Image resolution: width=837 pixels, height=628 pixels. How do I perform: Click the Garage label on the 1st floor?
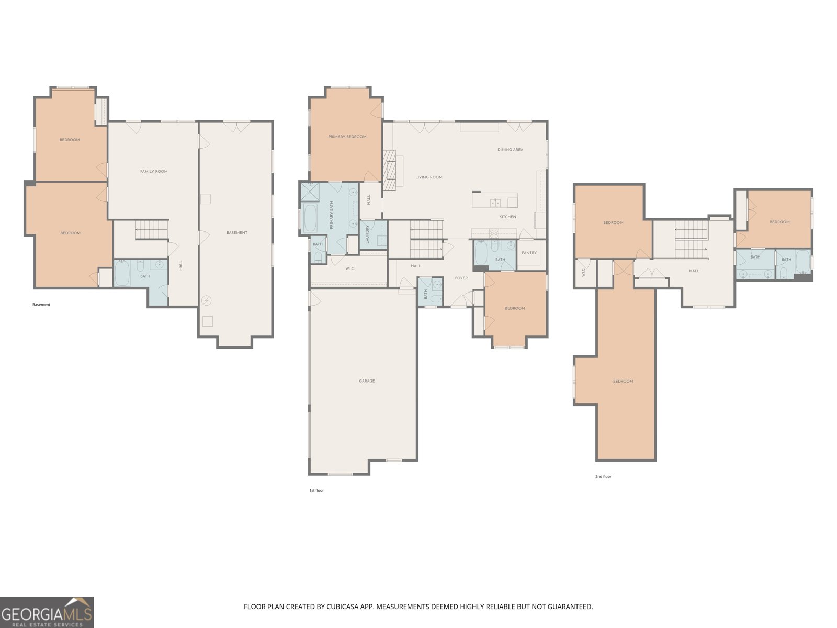367,381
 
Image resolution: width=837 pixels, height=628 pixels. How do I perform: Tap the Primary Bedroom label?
347,137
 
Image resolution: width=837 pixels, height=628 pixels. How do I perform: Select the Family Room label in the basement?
154,172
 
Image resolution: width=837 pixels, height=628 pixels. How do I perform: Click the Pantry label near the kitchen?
529,253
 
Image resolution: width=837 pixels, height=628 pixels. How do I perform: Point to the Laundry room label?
368,233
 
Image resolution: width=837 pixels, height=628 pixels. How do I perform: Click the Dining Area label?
510,150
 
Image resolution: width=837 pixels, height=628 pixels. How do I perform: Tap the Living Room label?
429,177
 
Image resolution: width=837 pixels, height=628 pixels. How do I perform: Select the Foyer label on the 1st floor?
461,278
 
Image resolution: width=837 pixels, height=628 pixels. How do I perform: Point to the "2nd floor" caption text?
603,477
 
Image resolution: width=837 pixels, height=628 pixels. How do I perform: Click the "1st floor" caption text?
316,491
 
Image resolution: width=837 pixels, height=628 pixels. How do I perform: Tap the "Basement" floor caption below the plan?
41,305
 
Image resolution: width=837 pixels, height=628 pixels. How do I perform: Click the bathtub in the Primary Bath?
310,218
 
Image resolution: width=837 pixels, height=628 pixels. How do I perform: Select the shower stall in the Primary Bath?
310,192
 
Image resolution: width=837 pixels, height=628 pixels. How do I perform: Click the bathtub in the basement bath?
122,273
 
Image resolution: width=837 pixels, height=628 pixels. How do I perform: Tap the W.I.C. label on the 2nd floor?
582,273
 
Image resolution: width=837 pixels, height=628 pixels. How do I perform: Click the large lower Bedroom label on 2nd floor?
623,382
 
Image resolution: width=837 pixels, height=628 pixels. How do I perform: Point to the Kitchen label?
507,217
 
